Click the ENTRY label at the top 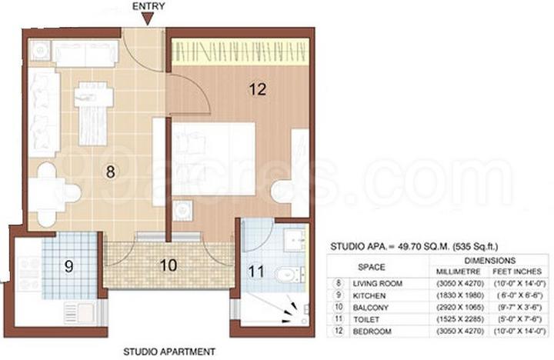coord(149,7)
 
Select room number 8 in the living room coord(111,172)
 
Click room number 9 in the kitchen coord(68,267)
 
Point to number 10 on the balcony coord(169,265)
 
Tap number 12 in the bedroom coord(257,89)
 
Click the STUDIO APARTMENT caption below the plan coord(169,352)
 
